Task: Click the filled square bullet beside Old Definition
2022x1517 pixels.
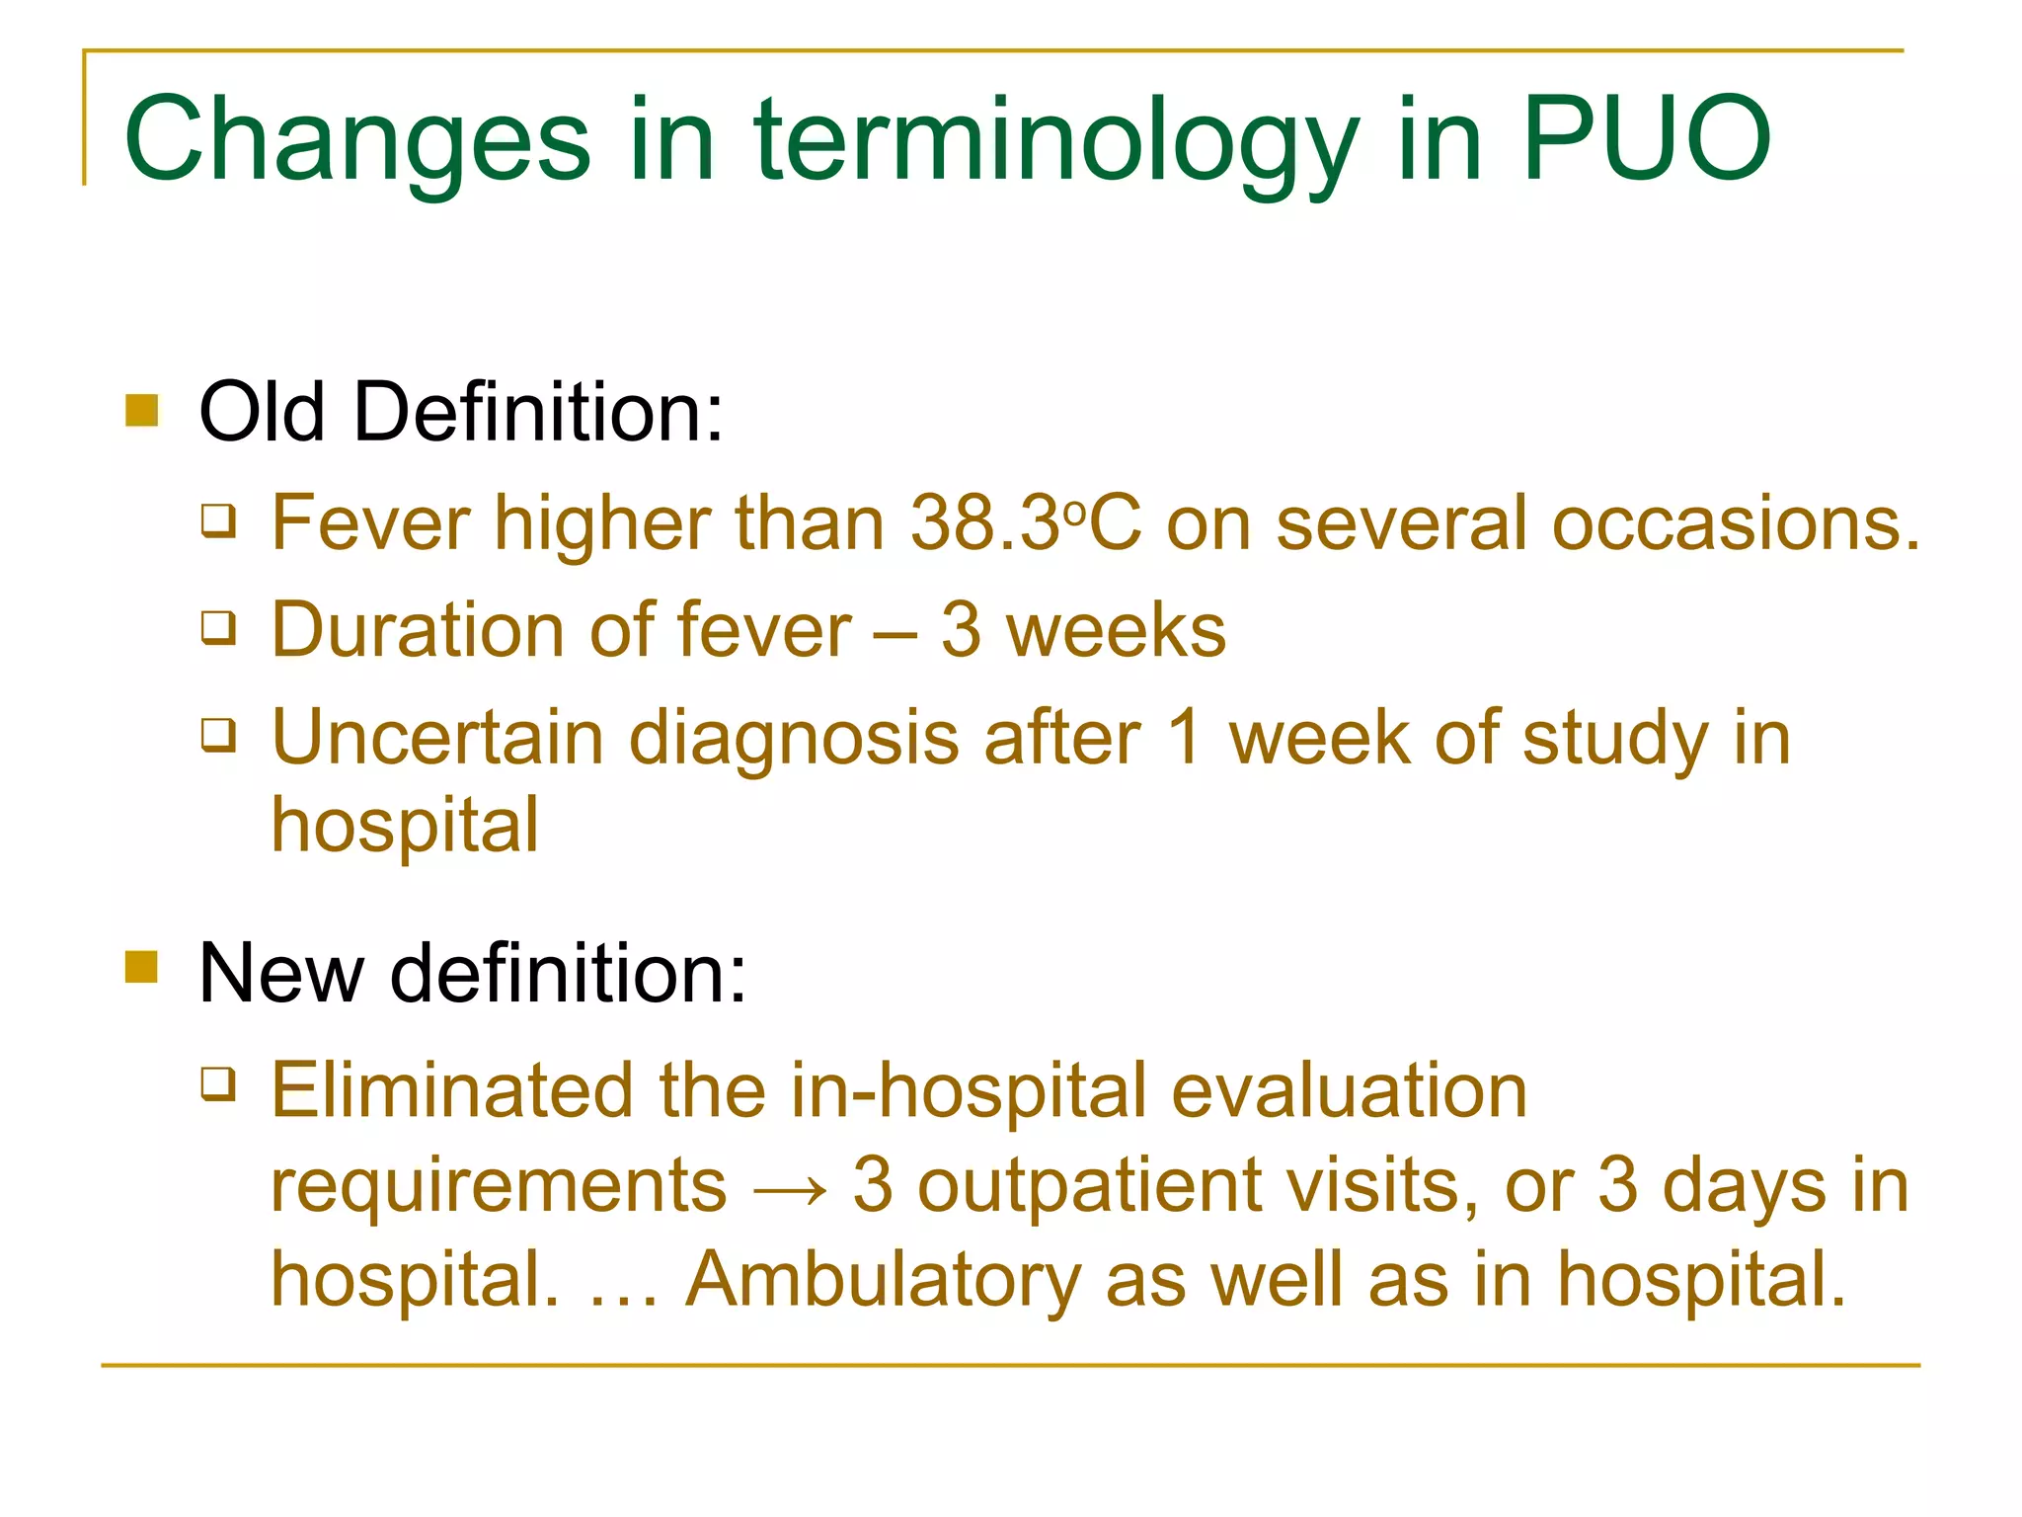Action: [142, 410]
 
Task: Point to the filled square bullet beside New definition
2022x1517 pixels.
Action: [142, 967]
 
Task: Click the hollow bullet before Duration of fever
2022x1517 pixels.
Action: [218, 626]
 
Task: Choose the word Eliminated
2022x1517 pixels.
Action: [452, 1090]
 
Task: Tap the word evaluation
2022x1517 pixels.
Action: [1350, 1090]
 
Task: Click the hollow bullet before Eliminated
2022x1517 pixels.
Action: [218, 1083]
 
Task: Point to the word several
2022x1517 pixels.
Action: [1402, 522]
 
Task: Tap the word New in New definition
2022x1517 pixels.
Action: [281, 973]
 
